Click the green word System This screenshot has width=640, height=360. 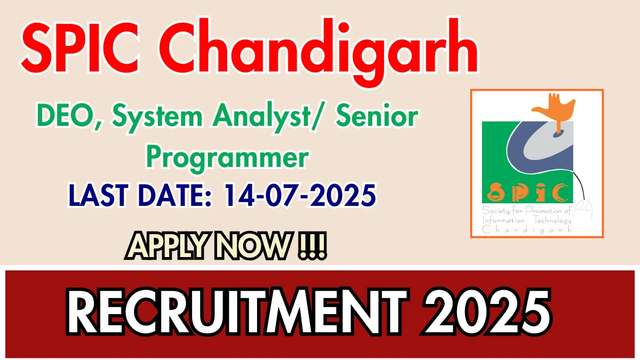pos(157,117)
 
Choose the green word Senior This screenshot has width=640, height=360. pos(377,115)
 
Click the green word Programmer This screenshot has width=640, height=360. pos(227,158)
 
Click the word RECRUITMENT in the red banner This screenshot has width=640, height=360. pos(237,312)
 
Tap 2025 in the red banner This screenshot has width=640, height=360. pos(486,312)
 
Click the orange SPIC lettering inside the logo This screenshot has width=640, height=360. pos(527,192)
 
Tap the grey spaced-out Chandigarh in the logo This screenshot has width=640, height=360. pos(527,230)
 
